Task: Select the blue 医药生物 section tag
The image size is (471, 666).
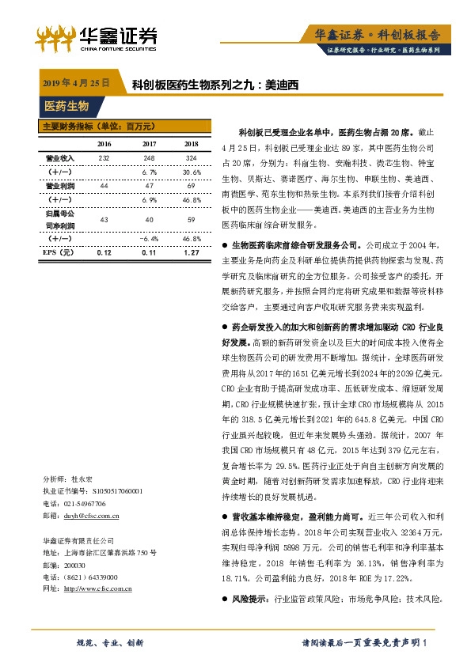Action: click(66, 106)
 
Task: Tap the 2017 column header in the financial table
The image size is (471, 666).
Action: click(149, 144)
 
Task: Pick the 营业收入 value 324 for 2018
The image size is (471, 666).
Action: click(191, 159)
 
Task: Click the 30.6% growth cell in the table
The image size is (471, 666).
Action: click(191, 172)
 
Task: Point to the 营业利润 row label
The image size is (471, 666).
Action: click(59, 184)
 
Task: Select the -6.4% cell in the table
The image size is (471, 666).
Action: click(149, 237)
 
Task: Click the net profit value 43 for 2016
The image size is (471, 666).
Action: click(104, 218)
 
